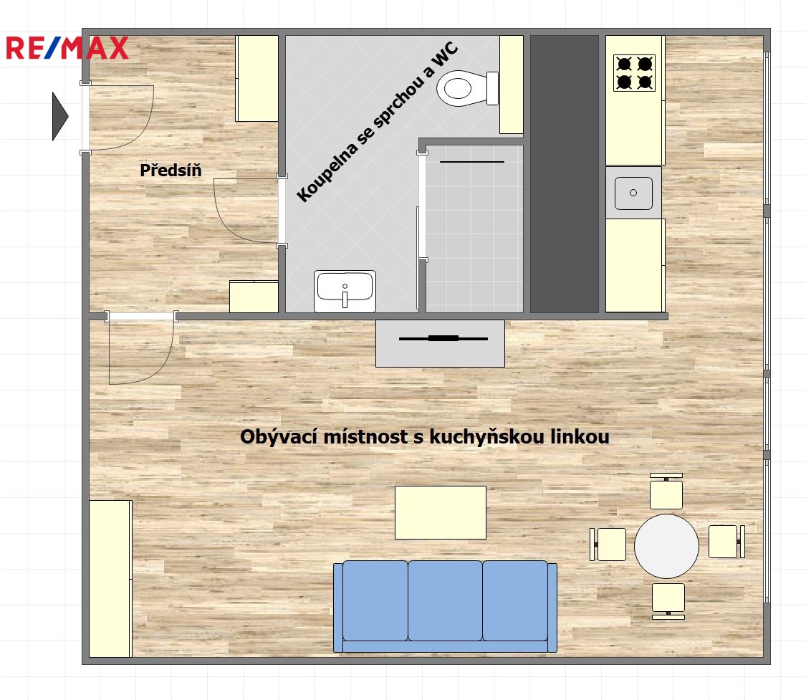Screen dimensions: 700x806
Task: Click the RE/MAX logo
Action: pos(67,47)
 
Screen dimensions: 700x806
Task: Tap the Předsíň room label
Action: pos(171,171)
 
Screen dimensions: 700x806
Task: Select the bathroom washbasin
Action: pos(345,291)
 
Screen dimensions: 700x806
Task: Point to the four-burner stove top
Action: pos(634,73)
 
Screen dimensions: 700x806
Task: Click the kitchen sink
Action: pos(633,192)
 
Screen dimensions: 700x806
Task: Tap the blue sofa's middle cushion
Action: pos(445,600)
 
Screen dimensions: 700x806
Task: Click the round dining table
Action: pos(666,546)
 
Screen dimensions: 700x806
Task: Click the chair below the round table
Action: pos(668,599)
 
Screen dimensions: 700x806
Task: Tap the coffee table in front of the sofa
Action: pos(441,512)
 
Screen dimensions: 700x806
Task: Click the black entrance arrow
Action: pos(59,116)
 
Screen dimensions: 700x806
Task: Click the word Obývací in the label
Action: pos(273,436)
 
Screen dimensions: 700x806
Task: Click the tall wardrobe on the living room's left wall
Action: pos(110,578)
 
